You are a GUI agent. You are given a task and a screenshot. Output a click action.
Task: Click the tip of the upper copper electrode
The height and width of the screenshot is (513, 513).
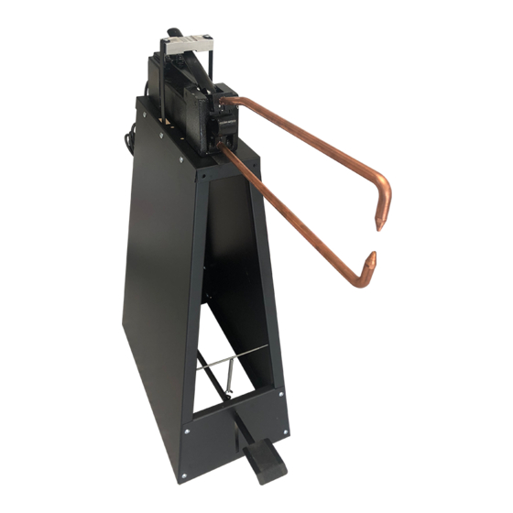click(377, 223)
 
